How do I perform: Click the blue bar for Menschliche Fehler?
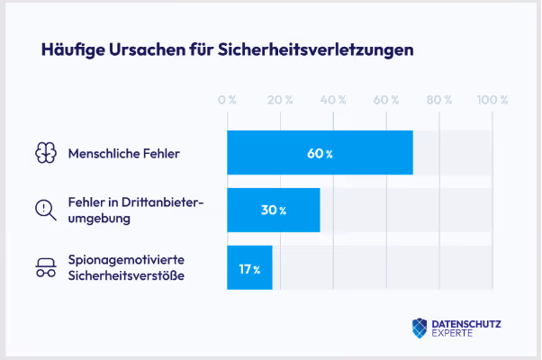(x=320, y=153)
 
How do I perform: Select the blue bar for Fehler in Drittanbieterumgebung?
(x=273, y=210)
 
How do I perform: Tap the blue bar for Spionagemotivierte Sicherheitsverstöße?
(x=249, y=268)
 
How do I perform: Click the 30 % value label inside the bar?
(x=273, y=210)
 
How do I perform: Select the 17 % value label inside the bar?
(x=249, y=268)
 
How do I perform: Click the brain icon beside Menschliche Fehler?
(x=45, y=153)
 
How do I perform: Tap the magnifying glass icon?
(x=45, y=210)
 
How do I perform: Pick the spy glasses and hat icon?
(x=45, y=267)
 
